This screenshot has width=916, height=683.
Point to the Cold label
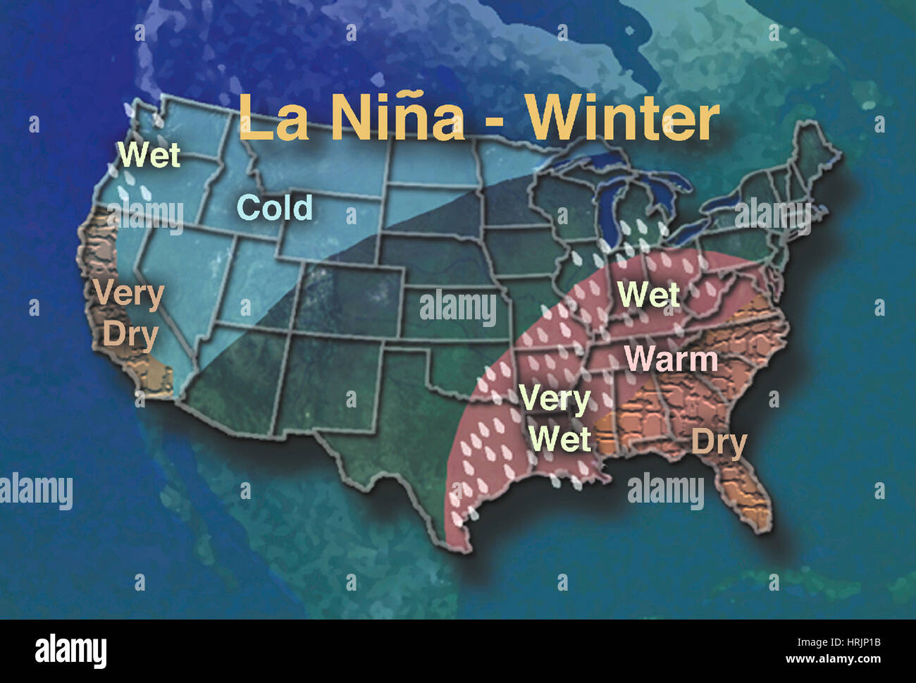275,207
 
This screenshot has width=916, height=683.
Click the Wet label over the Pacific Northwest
149,155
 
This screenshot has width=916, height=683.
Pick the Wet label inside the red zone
648,295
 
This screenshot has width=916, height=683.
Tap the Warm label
671,359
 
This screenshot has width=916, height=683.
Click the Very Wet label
557,419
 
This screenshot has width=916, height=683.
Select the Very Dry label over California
128,314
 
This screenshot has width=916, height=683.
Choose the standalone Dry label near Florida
719,443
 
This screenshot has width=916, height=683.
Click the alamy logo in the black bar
70,651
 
